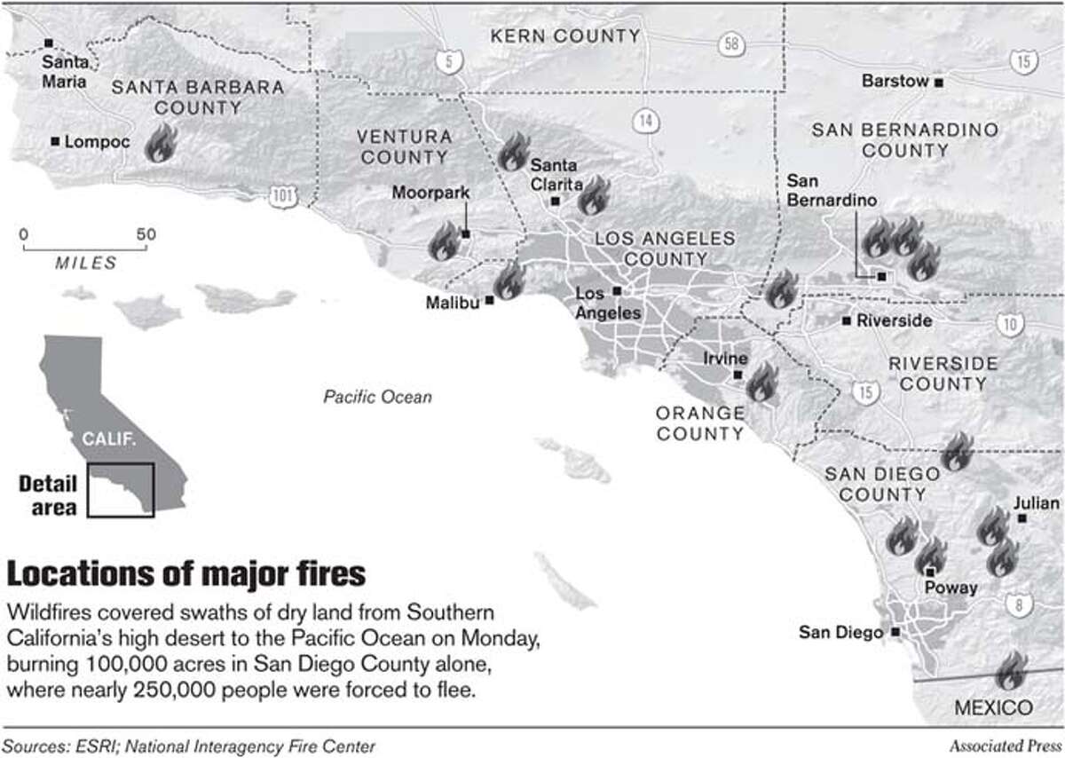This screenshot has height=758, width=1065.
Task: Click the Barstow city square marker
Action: (x=938, y=82)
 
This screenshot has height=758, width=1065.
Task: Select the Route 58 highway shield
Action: (x=730, y=43)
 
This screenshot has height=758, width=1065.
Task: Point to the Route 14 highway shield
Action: (x=645, y=120)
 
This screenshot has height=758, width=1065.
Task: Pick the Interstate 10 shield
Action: (x=1007, y=324)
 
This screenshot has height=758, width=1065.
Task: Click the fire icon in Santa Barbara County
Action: (x=160, y=142)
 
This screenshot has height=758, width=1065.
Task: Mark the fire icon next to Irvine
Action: (x=761, y=383)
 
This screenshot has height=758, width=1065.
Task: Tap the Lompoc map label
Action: (x=91, y=141)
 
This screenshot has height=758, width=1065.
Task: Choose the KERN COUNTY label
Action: (x=564, y=36)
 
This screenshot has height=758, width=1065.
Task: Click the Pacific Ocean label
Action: (x=377, y=397)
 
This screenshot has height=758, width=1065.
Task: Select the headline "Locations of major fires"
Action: (x=185, y=573)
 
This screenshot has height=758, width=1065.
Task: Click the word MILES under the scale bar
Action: (x=85, y=263)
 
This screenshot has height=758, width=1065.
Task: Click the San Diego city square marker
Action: (x=895, y=633)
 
